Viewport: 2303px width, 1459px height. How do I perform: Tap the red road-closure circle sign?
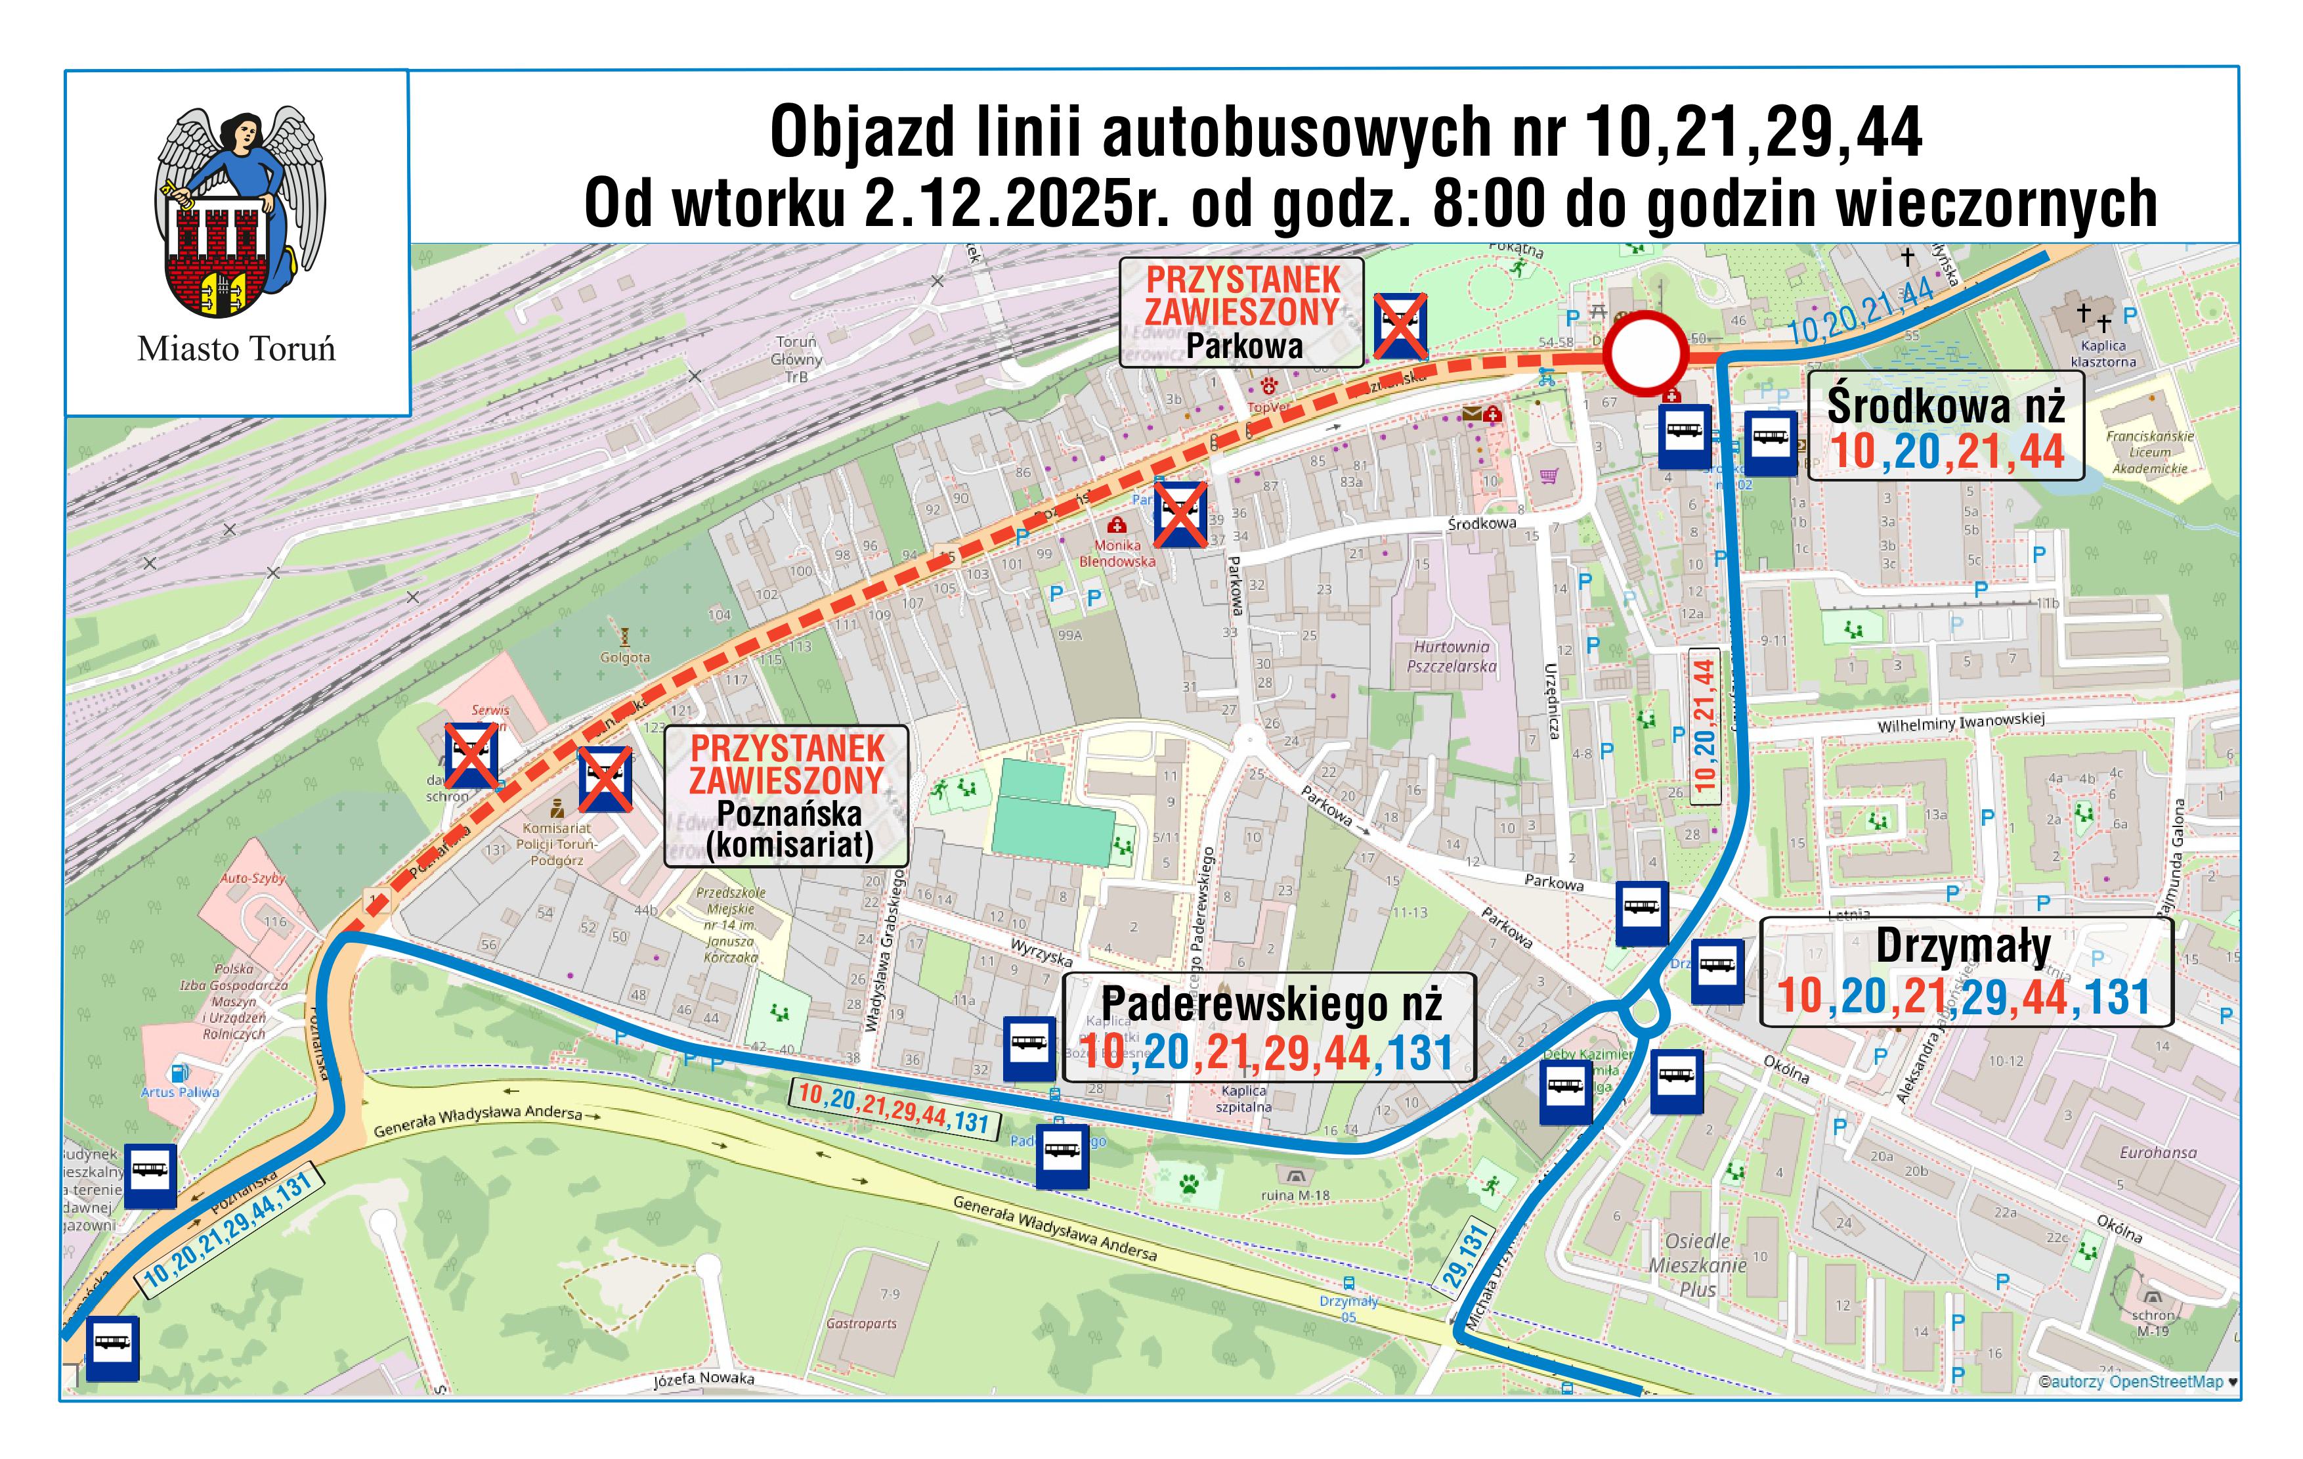click(x=1644, y=352)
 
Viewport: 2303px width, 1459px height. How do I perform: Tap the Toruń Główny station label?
click(x=797, y=359)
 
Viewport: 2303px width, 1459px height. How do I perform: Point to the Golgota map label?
click(x=624, y=658)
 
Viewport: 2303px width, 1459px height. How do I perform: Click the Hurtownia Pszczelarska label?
click(x=1451, y=656)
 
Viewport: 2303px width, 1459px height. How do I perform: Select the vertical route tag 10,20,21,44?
click(x=1704, y=723)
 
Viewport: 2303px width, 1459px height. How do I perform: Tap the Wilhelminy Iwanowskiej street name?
click(x=1960, y=723)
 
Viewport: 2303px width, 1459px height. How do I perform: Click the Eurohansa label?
click(x=2157, y=1153)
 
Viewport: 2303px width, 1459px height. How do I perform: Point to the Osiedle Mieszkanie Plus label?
click(x=1698, y=1265)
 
